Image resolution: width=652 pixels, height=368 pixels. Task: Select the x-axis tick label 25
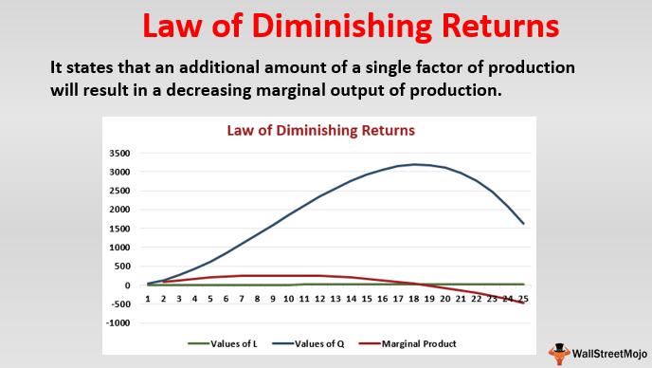pos(522,299)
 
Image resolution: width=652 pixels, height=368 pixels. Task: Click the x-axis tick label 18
pos(413,299)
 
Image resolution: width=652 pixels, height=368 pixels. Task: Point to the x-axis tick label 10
pos(288,299)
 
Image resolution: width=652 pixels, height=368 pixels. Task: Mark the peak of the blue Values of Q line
pos(414,164)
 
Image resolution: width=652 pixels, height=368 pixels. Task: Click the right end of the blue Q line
pos(522,224)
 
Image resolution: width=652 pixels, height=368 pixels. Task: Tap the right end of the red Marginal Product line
pos(522,303)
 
